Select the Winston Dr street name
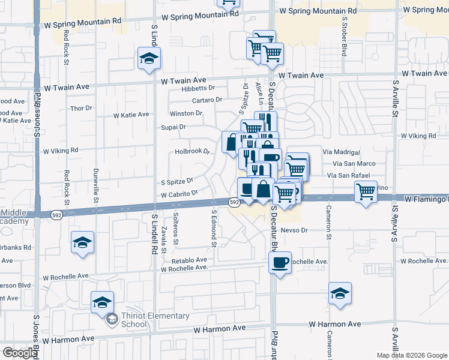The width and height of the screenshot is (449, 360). [186, 113]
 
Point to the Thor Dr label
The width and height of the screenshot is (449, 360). [81, 109]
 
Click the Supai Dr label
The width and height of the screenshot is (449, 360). [173, 127]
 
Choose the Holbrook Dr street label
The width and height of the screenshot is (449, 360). [192, 151]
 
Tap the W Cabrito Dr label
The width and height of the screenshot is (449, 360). [179, 194]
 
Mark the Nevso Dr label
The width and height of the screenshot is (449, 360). [294, 230]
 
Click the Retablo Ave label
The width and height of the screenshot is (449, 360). [189, 260]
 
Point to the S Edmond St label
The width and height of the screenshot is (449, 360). [214, 229]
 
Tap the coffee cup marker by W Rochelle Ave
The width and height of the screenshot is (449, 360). [280, 262]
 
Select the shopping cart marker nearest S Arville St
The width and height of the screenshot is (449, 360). [366, 192]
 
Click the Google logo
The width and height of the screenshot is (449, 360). [20, 353]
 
